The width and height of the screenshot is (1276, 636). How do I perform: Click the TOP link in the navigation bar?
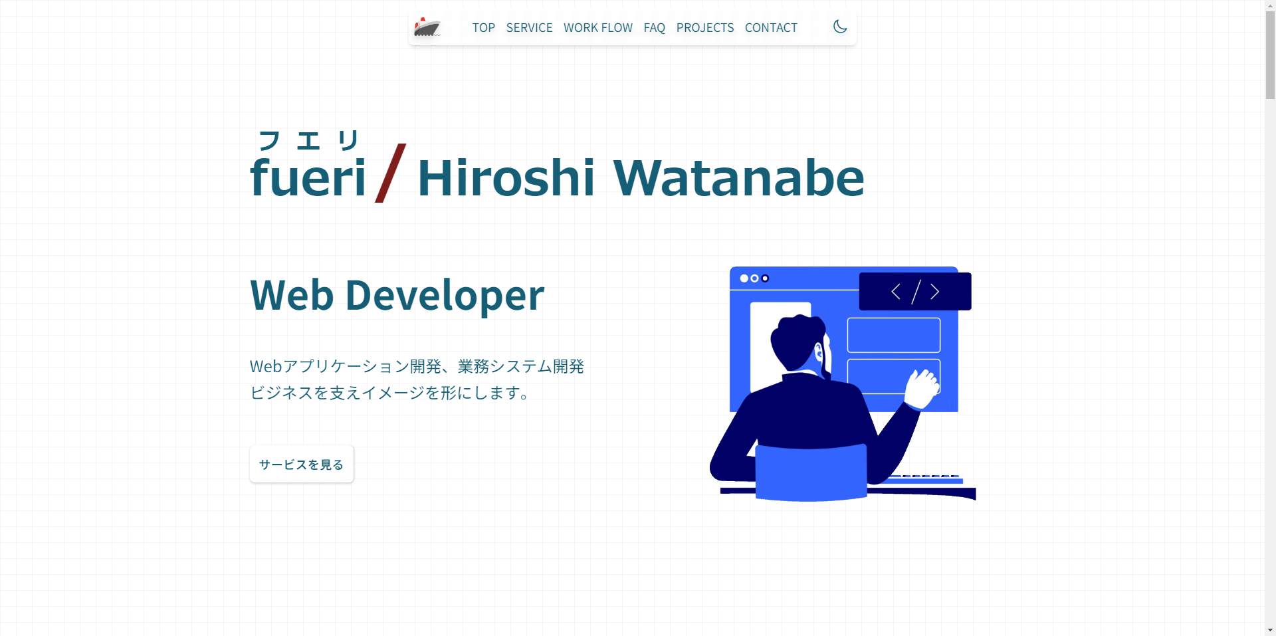pyautogui.click(x=483, y=28)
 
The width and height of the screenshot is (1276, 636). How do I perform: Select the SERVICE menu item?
pyautogui.click(x=529, y=28)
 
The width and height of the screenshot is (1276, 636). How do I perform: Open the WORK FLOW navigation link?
pyautogui.click(x=597, y=28)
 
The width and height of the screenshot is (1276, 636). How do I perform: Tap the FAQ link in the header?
pyautogui.click(x=654, y=28)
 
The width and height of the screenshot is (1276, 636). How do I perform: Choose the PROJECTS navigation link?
pyautogui.click(x=704, y=28)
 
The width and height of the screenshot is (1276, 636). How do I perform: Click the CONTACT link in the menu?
pyautogui.click(x=771, y=28)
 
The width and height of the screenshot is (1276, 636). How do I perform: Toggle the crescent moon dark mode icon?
pyautogui.click(x=840, y=27)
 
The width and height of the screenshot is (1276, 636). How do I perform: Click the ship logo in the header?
pyautogui.click(x=427, y=27)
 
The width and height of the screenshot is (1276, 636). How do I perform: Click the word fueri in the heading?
pyautogui.click(x=308, y=178)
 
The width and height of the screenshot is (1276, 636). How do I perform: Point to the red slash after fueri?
pyautogui.click(x=391, y=173)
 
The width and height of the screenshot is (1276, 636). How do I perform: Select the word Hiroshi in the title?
pyautogui.click(x=506, y=178)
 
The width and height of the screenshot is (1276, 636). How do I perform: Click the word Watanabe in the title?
pyautogui.click(x=738, y=178)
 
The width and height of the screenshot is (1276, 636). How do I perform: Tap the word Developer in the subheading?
pyautogui.click(x=445, y=296)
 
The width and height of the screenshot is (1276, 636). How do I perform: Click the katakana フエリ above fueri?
pyautogui.click(x=308, y=140)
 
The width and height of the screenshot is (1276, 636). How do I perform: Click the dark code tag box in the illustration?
pyautogui.click(x=915, y=291)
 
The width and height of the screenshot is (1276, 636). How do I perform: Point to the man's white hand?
pyautogui.click(x=921, y=388)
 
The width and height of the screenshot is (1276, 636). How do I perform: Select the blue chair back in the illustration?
pyautogui.click(x=811, y=472)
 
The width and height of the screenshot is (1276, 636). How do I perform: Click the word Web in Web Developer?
pyautogui.click(x=292, y=296)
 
